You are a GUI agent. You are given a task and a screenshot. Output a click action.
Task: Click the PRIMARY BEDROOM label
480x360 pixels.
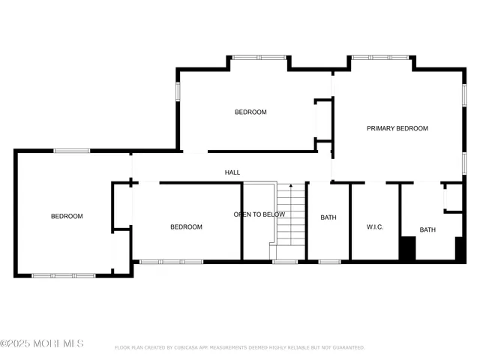tap(397, 128)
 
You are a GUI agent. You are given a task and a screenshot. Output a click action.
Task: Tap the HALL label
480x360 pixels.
tap(232, 172)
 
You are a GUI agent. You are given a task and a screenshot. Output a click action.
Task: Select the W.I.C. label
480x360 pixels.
tap(375, 226)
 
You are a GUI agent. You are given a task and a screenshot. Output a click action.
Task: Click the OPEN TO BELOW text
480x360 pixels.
tap(259, 214)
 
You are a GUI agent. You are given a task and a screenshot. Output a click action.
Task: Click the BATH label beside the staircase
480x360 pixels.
tap(328, 217)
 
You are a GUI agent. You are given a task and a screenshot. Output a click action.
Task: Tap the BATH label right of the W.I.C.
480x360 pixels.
tap(427, 229)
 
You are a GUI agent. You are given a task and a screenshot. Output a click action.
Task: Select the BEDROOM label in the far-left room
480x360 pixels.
tap(67, 216)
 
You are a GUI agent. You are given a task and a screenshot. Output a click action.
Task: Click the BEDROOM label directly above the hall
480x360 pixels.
tap(250, 112)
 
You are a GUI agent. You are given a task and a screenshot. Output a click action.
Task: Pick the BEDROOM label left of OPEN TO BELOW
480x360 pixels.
tap(186, 226)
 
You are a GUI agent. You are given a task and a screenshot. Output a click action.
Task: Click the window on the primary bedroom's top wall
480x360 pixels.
tap(380, 57)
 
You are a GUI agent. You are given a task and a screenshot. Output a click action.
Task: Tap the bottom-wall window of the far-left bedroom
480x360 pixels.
tap(64, 275)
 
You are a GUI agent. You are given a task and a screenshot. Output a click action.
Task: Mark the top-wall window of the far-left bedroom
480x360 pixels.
tap(72, 151)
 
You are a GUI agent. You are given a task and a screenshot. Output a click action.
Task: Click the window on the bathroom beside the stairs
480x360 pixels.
tap(329, 262)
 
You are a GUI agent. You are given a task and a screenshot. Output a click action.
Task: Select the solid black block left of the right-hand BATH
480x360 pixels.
tap(407, 248)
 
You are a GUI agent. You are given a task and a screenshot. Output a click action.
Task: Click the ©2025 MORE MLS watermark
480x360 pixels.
tap(42, 343)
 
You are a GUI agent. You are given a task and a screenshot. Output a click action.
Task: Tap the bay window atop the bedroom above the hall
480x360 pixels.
tap(259, 57)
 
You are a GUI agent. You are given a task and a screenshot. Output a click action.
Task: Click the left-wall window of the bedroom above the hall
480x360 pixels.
tap(178, 91)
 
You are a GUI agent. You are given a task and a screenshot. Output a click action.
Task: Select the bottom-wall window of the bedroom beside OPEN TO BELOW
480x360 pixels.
tap(172, 262)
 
